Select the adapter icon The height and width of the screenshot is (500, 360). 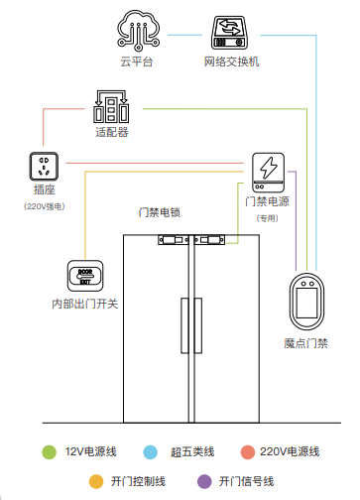(112, 105)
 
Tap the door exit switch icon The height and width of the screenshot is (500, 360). (85, 275)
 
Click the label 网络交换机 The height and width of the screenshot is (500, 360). (231, 62)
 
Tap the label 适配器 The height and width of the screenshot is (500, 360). (112, 131)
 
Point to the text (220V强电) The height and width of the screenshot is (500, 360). (45, 206)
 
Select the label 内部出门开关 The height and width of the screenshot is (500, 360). (85, 304)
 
